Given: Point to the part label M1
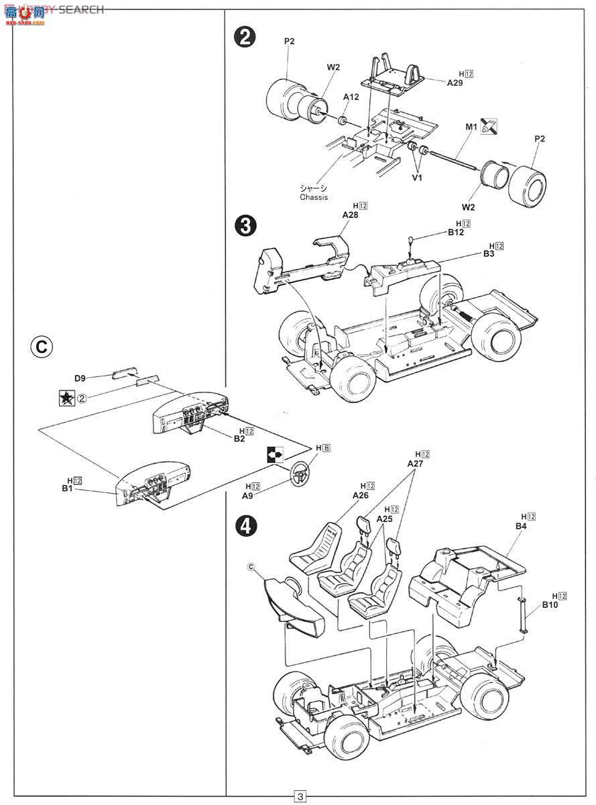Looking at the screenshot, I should (471, 125).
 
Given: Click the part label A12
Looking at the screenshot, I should (351, 97).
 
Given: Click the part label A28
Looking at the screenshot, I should (351, 215).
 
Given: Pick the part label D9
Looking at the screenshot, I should (80, 378).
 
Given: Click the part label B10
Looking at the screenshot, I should (550, 604).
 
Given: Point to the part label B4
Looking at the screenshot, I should (522, 526).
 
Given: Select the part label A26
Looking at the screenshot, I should (360, 495).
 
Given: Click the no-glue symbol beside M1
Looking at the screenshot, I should (490, 125).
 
